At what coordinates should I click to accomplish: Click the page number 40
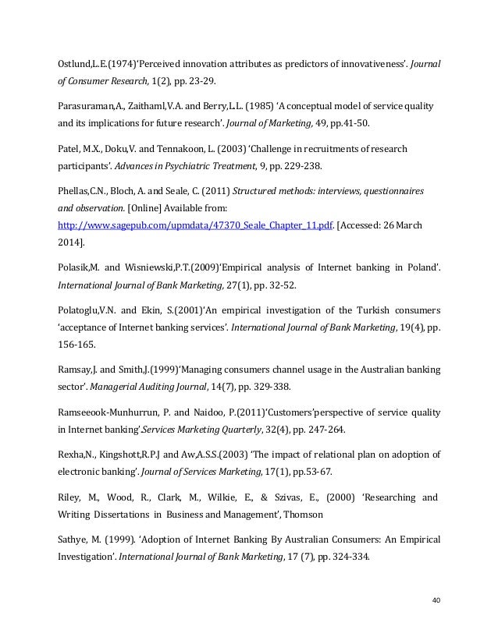[x=436, y=600]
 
